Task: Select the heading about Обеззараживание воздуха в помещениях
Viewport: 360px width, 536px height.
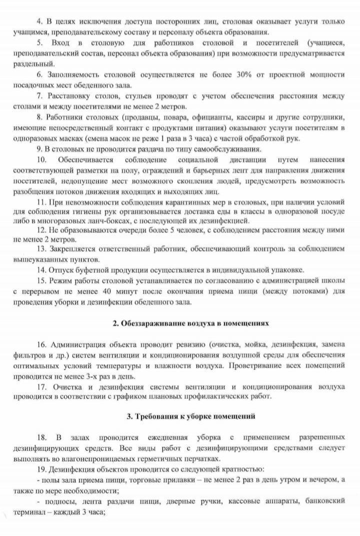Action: [x=191, y=323]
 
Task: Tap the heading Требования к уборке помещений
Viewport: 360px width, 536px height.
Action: [x=191, y=416]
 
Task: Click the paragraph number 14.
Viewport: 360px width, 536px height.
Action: [x=41, y=270]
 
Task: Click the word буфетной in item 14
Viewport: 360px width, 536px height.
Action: [x=91, y=270]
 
